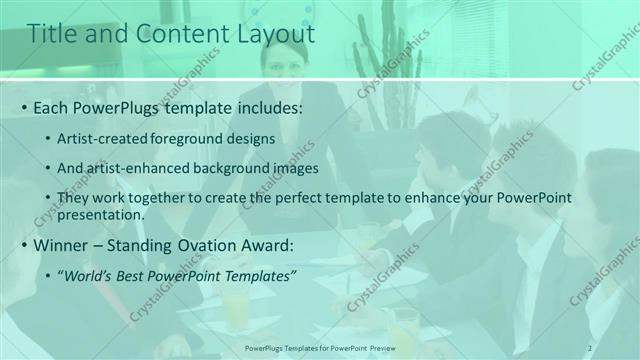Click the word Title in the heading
(x=51, y=34)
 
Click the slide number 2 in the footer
(x=590, y=347)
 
